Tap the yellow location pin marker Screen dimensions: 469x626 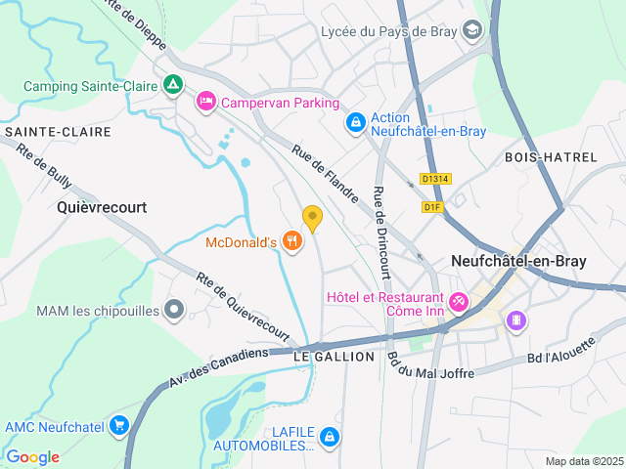point(312,218)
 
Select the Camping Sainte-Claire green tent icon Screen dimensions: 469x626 point(173,86)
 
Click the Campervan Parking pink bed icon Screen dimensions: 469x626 point(206,102)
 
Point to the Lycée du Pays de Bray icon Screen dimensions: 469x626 point(472,31)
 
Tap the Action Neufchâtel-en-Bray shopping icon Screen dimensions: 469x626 point(356,124)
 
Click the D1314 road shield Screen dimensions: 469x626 point(435,179)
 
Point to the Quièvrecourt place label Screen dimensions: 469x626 point(102,207)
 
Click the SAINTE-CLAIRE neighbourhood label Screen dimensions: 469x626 point(49,130)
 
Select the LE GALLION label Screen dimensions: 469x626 point(334,357)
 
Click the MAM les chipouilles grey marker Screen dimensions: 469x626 point(174,311)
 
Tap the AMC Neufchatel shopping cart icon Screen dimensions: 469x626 point(119,425)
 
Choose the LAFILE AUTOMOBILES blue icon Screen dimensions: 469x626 point(331,436)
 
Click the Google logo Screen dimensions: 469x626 point(32,457)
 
